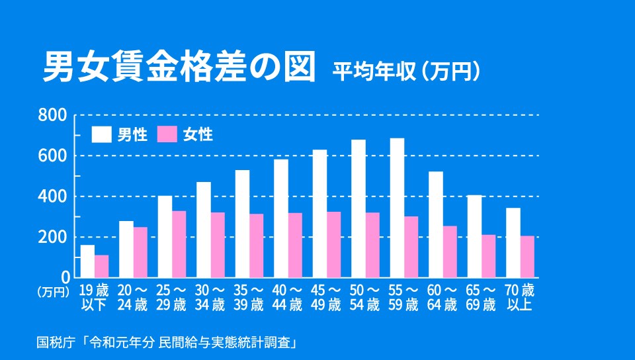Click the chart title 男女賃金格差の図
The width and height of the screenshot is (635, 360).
point(179,68)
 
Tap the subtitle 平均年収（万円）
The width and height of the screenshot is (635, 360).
point(405,71)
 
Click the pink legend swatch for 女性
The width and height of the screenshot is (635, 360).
point(168,134)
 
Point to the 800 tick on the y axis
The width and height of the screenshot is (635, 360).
point(54,115)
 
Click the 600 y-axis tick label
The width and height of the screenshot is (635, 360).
point(54,156)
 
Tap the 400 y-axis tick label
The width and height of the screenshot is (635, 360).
point(54,197)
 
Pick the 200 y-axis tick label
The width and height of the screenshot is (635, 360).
point(54,237)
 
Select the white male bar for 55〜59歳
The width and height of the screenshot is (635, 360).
point(397,208)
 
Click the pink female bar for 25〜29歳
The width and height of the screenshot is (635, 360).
point(179,244)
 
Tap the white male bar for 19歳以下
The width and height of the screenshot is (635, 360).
point(87,261)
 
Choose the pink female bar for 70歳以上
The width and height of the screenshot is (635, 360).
point(527,257)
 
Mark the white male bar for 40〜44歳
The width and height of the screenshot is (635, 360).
point(281,218)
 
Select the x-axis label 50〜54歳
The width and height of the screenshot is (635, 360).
point(365,297)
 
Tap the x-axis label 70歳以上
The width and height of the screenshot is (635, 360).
point(519,297)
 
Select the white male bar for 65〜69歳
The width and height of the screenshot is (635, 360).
point(474,236)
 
